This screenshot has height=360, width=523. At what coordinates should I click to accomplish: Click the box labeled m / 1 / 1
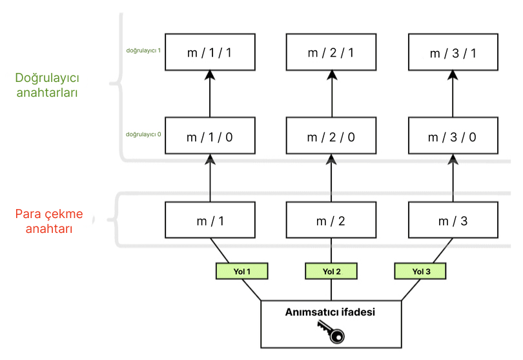click(x=209, y=52)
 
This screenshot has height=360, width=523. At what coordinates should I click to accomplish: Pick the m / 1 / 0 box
click(x=209, y=137)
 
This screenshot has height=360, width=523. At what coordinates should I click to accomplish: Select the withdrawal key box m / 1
click(x=209, y=221)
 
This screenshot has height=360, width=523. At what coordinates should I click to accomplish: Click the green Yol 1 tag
click(x=241, y=272)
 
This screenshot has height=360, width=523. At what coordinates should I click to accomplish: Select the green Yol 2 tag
click(x=331, y=272)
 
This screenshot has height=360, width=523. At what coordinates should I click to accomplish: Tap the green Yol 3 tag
click(x=420, y=272)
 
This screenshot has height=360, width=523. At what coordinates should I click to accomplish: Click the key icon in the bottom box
click(x=331, y=332)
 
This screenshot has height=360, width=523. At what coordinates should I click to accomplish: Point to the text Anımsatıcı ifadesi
click(x=331, y=312)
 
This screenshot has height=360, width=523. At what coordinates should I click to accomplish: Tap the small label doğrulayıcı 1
click(x=143, y=50)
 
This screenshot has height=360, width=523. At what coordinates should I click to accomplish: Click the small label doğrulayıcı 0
click(x=143, y=135)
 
